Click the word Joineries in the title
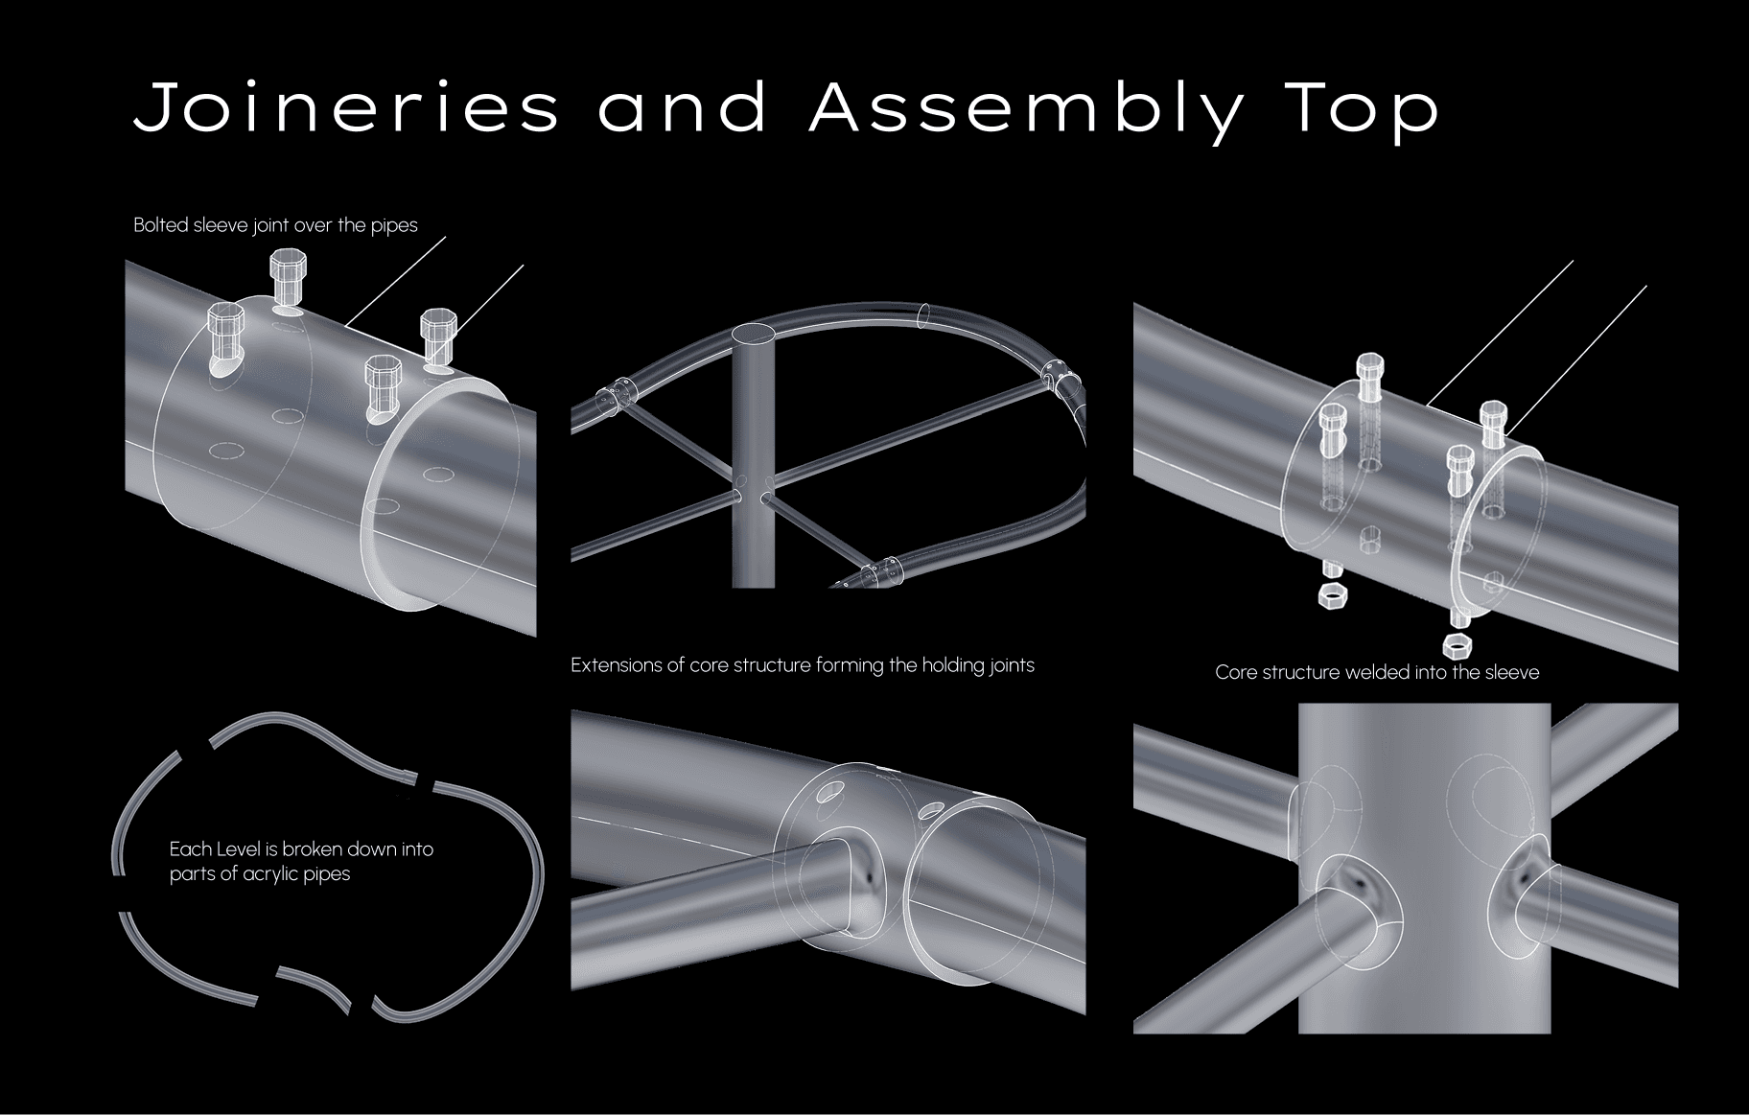[x=345, y=107]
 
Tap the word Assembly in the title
[x=1025, y=109]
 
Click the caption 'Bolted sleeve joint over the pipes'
[x=275, y=225]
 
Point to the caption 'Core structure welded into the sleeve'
[x=1377, y=672]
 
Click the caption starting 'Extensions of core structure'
[x=802, y=664]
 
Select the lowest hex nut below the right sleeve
[x=1457, y=642]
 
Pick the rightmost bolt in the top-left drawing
[x=438, y=326]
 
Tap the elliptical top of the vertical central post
[x=754, y=334]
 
